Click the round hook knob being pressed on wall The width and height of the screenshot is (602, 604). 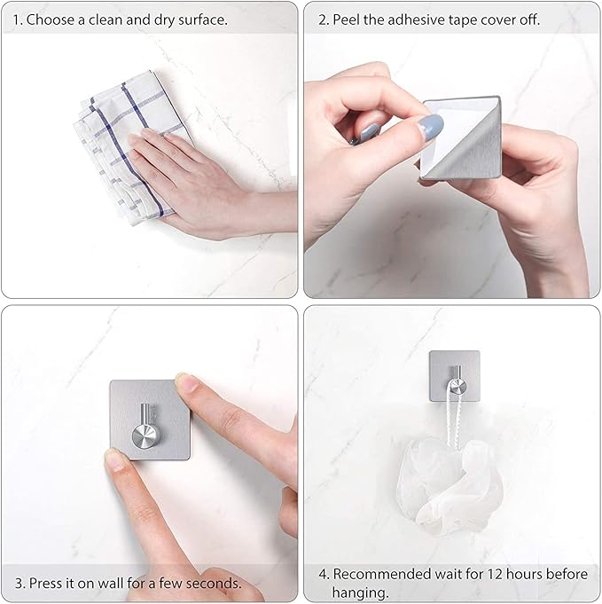click(145, 435)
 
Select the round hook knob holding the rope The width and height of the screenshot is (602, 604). click(457, 386)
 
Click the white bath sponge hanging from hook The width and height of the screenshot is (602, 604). click(450, 483)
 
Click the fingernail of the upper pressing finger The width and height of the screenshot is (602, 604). click(187, 382)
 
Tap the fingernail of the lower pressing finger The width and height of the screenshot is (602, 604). click(114, 460)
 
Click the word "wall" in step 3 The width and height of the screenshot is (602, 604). click(111, 583)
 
